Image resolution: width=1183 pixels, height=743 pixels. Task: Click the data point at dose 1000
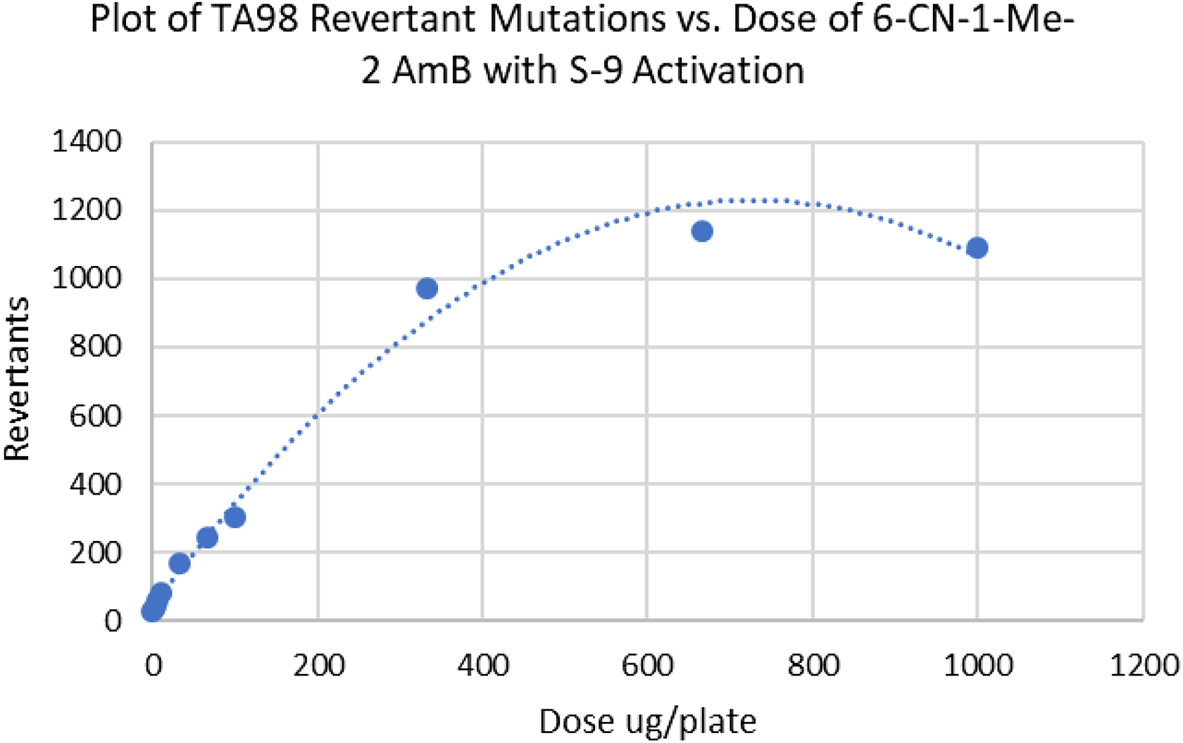tap(977, 248)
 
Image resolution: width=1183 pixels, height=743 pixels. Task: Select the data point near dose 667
tap(702, 231)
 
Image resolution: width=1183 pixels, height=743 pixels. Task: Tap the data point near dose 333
tap(427, 288)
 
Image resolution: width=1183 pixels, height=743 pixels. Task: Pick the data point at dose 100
tap(234, 518)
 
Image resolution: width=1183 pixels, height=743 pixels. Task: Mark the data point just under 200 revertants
tap(180, 564)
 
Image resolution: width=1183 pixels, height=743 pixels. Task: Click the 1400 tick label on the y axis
tap(87, 142)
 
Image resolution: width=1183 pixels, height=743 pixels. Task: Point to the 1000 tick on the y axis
tap(87, 279)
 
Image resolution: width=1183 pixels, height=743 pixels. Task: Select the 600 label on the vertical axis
tap(96, 415)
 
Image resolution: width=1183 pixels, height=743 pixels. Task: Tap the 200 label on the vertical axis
tap(96, 552)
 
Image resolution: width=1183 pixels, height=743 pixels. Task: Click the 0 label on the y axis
tap(113, 621)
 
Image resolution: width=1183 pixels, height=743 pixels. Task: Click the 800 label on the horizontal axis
tap(813, 666)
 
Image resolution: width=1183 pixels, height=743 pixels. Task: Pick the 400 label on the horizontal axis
tap(483, 666)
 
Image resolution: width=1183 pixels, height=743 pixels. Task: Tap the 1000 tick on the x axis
tap(978, 666)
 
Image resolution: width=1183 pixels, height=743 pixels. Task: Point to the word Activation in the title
tap(718, 70)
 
